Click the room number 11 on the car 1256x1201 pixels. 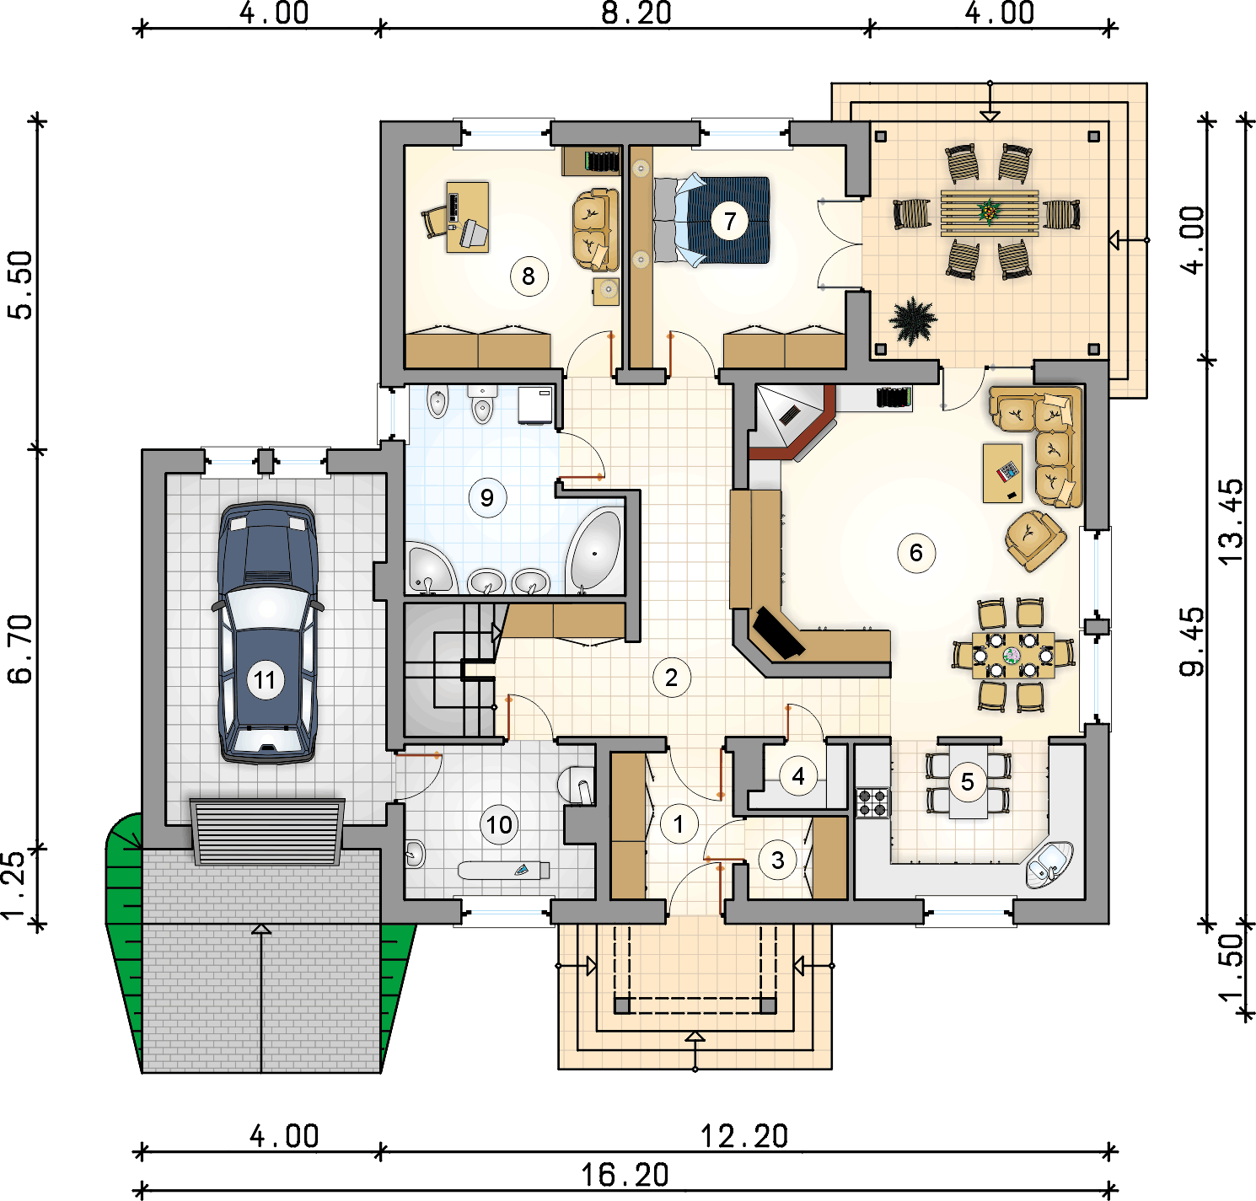[x=265, y=680]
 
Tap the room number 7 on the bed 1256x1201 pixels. [x=730, y=222]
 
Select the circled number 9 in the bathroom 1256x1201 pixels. [x=487, y=497]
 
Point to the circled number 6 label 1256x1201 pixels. [x=916, y=553]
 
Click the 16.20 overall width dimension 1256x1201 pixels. [x=625, y=1174]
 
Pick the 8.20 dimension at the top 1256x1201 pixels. [x=636, y=13]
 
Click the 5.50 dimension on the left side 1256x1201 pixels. [x=20, y=285]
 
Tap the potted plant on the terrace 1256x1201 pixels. [x=912, y=320]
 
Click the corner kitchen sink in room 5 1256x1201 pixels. [x=1049, y=864]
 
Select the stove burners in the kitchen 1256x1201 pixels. [x=872, y=802]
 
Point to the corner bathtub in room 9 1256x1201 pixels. [x=594, y=549]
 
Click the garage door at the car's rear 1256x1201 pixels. [x=267, y=831]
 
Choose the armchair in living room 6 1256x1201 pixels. [x=1034, y=539]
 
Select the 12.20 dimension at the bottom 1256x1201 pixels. [x=744, y=1136]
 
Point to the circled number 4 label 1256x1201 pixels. [x=798, y=775]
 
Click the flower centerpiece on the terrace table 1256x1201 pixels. [x=990, y=211]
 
